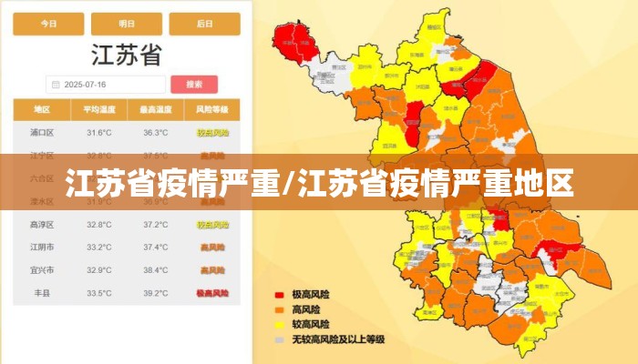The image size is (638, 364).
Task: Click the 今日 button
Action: coord(48,25)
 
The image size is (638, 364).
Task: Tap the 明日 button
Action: coord(127,25)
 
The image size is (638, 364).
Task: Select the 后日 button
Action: coord(205,25)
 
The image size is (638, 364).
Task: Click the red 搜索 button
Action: coord(194,85)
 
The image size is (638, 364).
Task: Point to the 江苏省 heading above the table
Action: coord(127,55)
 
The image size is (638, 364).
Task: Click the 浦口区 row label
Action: coord(42,133)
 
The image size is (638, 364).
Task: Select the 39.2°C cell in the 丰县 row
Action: coord(155,293)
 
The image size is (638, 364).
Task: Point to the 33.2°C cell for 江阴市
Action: coord(99,248)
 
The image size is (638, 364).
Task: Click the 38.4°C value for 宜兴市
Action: coord(155,270)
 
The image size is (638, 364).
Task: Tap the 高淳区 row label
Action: coord(42,225)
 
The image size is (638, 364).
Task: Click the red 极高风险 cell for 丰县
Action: coord(211,293)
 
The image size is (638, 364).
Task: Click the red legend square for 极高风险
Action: coord(280,295)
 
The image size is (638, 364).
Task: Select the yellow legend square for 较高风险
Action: coord(280,325)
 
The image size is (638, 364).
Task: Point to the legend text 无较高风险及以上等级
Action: coord(338,339)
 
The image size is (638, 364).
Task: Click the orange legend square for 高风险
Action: coord(280,309)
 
